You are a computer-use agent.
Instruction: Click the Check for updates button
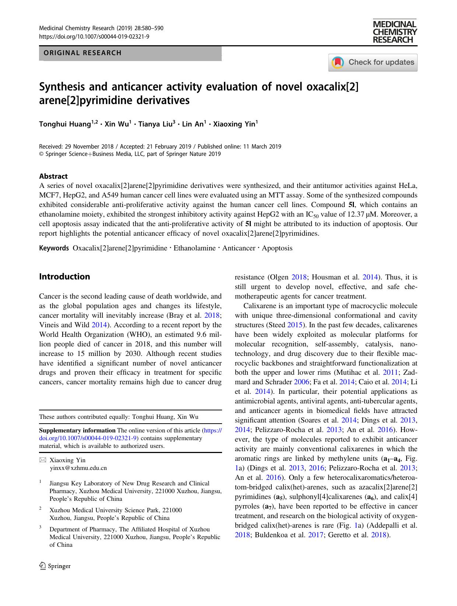(373, 62)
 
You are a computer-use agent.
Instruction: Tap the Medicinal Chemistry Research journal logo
(394, 32)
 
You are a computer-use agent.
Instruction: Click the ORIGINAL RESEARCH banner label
(82, 53)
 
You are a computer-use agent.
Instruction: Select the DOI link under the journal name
(94, 36)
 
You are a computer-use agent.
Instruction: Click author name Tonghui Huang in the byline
(65, 124)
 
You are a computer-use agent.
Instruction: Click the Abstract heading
(53, 176)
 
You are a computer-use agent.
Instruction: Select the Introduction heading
(64, 277)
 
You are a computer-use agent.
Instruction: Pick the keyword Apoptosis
(277, 248)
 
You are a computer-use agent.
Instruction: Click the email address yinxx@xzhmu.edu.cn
(78, 468)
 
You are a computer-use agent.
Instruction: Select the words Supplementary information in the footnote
(77, 430)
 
